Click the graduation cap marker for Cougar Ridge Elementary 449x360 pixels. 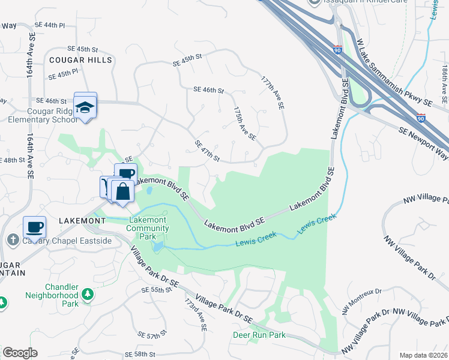click(x=85, y=106)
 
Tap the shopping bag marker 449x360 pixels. click(x=123, y=192)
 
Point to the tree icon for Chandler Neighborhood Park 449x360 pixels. click(x=88, y=294)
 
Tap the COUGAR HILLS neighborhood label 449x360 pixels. click(x=80, y=60)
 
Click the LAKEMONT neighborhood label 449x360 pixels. click(x=82, y=221)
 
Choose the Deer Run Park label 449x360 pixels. click(x=259, y=335)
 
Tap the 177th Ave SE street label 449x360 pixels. click(x=272, y=92)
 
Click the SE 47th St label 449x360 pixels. click(x=207, y=151)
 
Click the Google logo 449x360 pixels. click(x=20, y=352)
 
